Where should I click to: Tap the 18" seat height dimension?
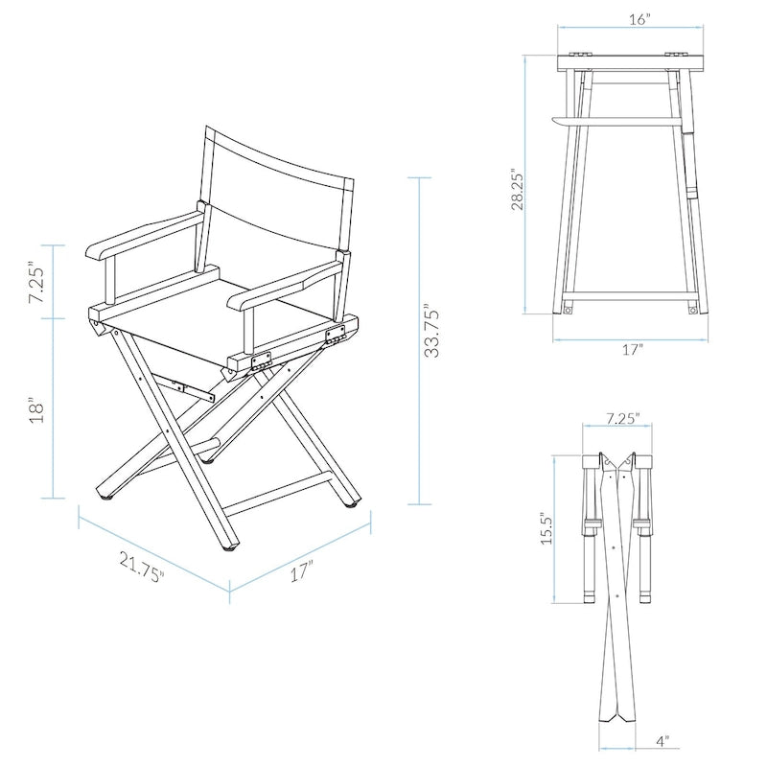(37, 409)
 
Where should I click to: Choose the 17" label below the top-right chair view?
(632, 351)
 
